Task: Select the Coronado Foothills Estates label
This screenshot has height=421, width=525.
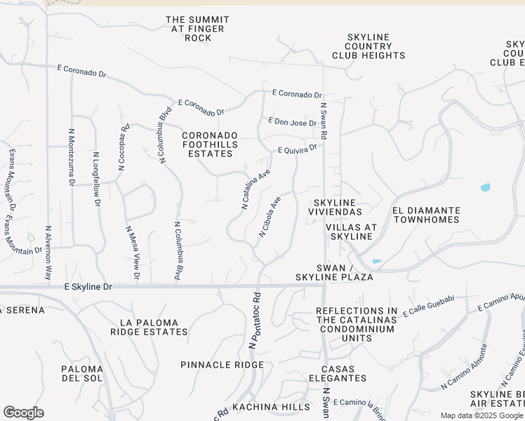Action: click(x=211, y=144)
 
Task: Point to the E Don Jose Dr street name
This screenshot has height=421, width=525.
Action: click(x=293, y=123)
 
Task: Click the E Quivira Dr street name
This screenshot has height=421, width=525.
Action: click(x=298, y=149)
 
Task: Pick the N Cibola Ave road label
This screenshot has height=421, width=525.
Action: click(x=270, y=216)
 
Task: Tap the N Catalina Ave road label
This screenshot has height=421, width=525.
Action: click(x=256, y=188)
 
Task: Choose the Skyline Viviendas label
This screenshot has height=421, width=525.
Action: click(x=337, y=207)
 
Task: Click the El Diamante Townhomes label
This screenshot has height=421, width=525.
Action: click(x=426, y=215)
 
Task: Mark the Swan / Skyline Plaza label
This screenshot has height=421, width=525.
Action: click(x=344, y=273)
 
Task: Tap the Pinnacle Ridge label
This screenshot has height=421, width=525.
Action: click(x=222, y=365)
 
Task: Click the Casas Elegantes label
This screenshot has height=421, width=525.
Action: click(x=344, y=373)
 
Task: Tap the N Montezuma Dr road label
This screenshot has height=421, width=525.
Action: click(x=71, y=156)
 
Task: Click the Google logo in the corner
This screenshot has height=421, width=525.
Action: click(x=23, y=413)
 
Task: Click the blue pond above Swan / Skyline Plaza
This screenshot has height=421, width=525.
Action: click(x=377, y=262)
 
